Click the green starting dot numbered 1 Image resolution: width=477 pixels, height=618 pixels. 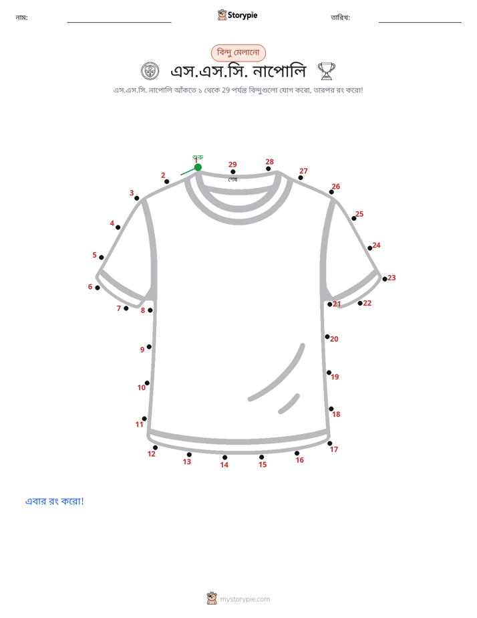pos(198,167)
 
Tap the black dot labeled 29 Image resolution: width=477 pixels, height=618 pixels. pos(233,172)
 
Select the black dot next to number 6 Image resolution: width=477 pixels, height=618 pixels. pos(98,288)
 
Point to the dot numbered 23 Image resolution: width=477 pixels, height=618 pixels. pos(385,279)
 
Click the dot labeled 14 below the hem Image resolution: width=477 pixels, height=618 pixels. pos(224,457)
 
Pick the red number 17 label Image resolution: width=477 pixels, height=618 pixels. pos(334,449)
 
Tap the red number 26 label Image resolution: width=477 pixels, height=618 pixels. pos(336,187)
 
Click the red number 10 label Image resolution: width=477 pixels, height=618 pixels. pos(141,387)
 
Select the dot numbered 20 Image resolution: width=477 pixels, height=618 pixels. pos(327,336)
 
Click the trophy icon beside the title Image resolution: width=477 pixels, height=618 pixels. pos(326,71)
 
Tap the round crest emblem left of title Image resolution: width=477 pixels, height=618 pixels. pos(150,72)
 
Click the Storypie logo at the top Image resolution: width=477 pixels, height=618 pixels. pos(237,15)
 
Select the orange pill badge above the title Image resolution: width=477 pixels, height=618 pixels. pos(238,52)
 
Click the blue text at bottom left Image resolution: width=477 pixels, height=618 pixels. pos(54,501)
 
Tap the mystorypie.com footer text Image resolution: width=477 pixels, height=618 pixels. pos(245,599)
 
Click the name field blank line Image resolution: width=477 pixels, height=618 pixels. pos(119,23)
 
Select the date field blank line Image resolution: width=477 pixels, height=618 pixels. pos(420,23)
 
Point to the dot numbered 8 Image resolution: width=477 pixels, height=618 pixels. pos(150,310)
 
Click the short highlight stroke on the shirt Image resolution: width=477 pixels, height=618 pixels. pos(289,403)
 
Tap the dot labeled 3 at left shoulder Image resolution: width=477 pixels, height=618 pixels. pos(136,198)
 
